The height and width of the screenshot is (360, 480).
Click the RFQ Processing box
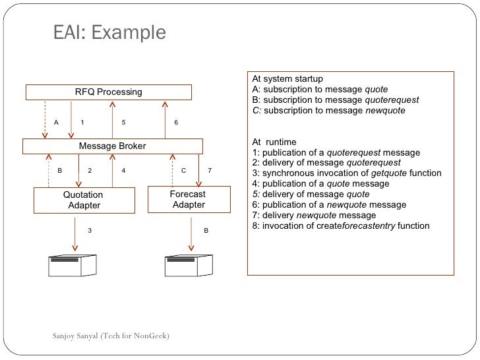(x=109, y=92)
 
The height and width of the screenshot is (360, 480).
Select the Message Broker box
(x=113, y=146)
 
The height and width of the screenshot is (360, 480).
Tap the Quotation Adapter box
(x=84, y=200)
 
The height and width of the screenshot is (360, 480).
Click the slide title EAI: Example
(x=109, y=32)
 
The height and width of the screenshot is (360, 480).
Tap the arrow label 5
(x=124, y=123)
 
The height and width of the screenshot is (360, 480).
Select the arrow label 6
(x=176, y=123)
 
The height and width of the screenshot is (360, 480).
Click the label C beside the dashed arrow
(x=184, y=171)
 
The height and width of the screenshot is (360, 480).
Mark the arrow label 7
(x=209, y=171)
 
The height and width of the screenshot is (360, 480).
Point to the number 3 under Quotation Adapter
(x=90, y=231)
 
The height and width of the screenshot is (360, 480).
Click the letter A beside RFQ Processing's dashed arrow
(x=56, y=123)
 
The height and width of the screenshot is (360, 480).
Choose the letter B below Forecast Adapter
(x=206, y=231)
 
